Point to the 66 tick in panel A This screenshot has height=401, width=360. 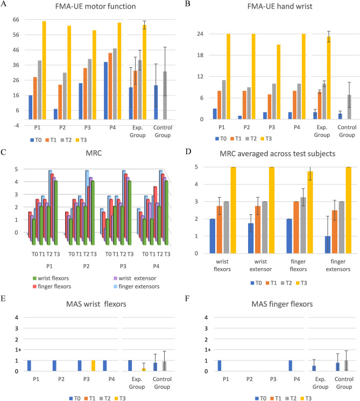[16, 19]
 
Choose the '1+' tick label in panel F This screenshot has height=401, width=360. [199, 350]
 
